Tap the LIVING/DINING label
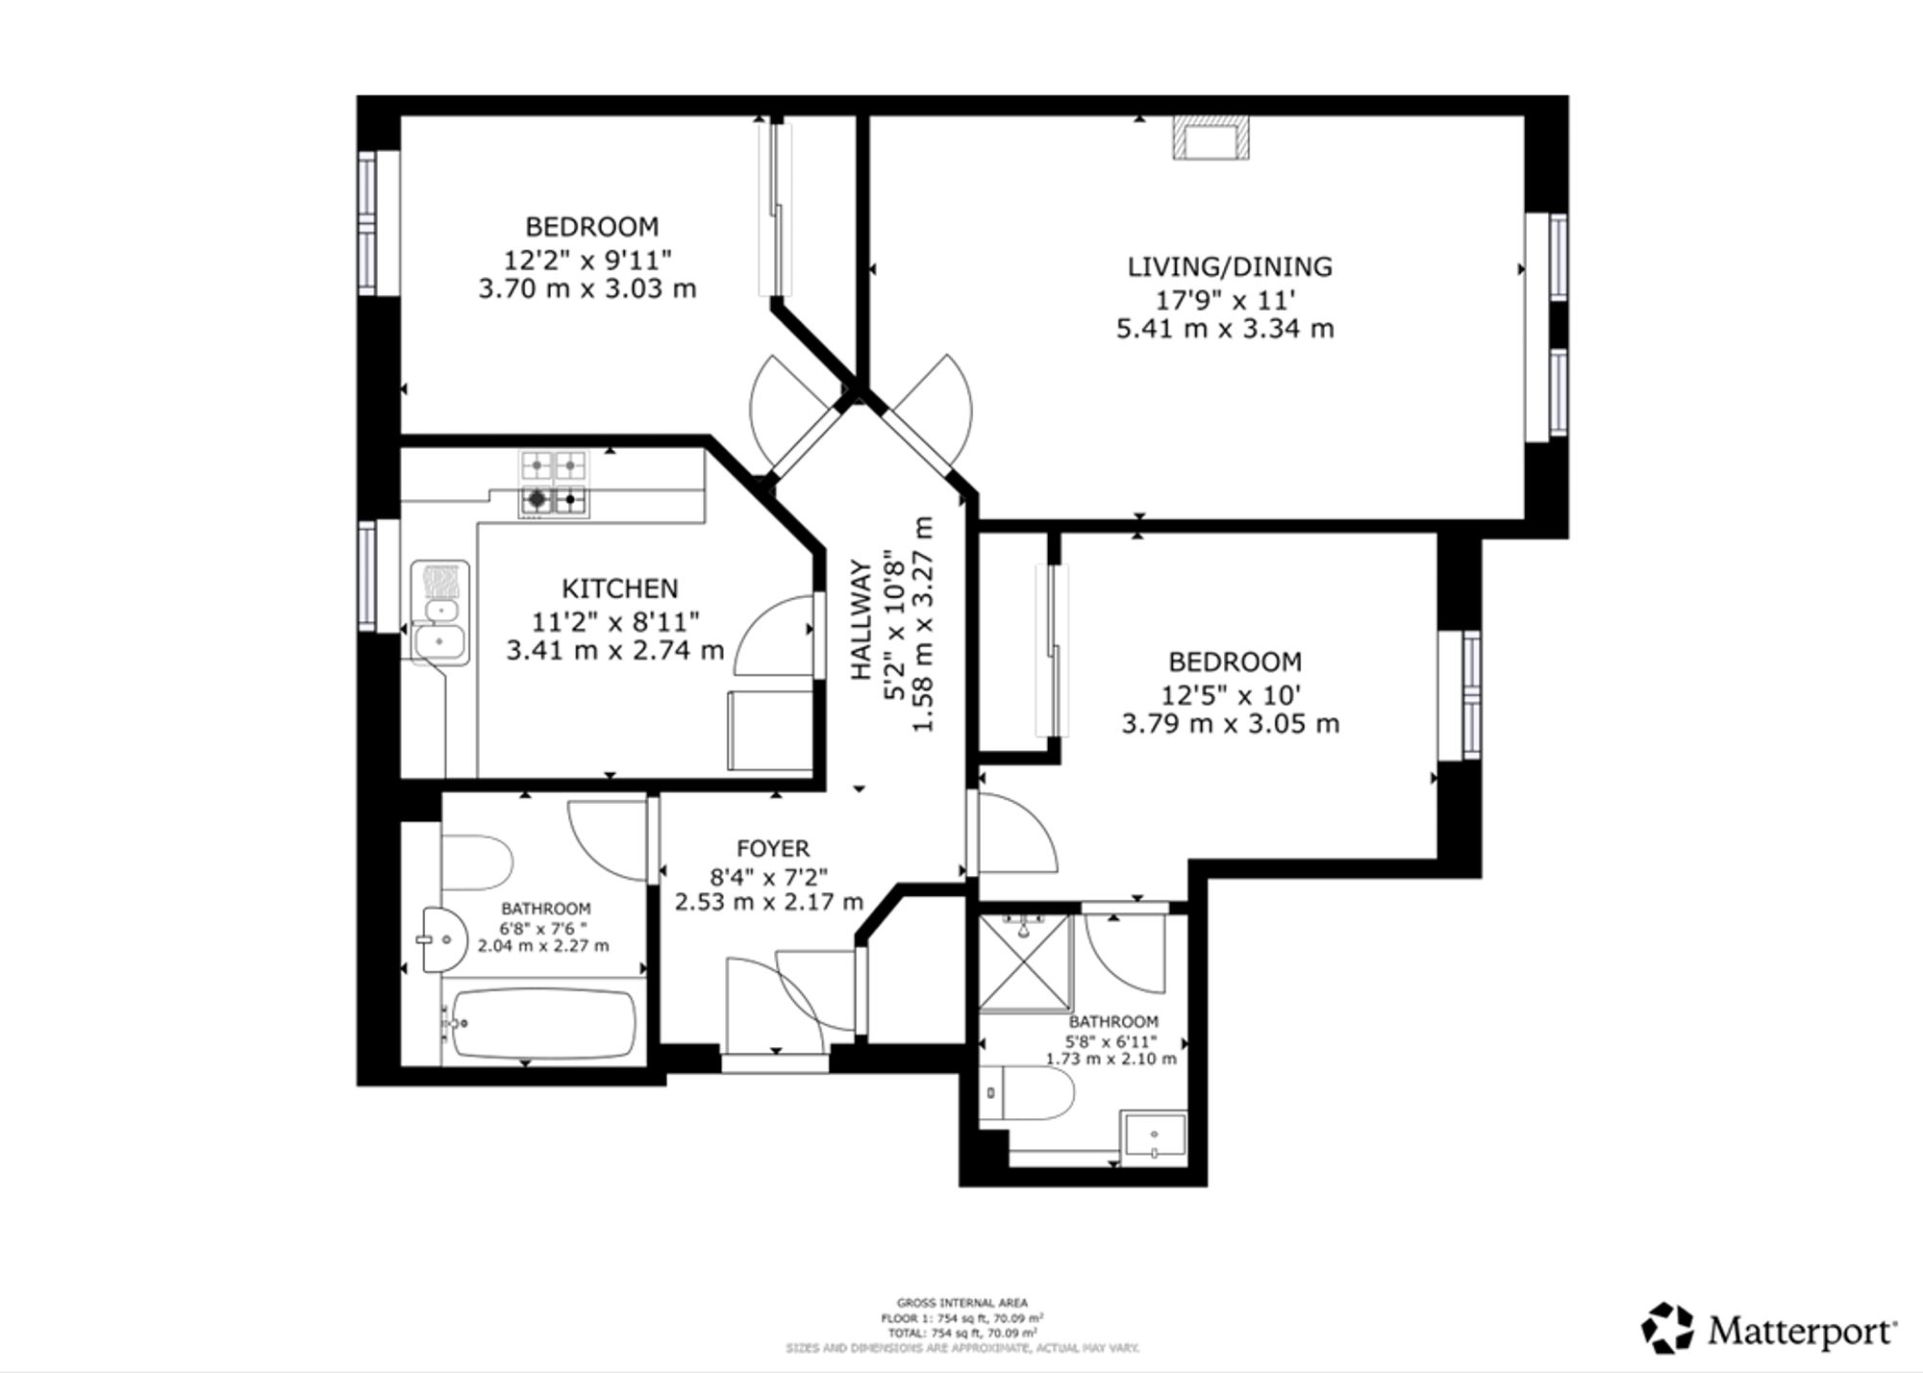click(1230, 266)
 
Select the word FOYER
click(773, 848)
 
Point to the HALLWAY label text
click(861, 620)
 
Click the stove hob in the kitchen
click(554, 483)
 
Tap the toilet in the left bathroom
click(476, 862)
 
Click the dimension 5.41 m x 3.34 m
click(1225, 329)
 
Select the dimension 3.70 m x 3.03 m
click(587, 288)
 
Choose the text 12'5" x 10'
click(1235, 693)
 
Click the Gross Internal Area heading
click(961, 1303)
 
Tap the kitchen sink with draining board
click(439, 612)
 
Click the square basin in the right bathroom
click(1154, 1138)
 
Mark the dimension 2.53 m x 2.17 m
click(769, 902)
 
